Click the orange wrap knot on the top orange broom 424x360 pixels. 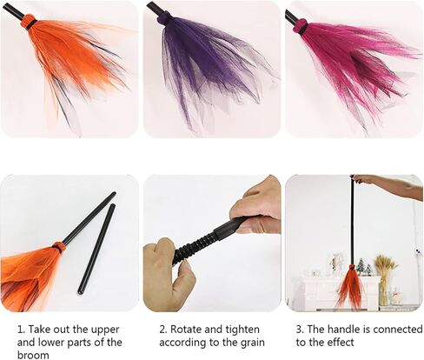coord(29,21)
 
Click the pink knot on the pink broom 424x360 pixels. coord(301,25)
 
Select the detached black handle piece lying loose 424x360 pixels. coord(96,249)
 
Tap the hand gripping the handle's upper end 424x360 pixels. coord(256,209)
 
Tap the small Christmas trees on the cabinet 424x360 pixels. coord(363,267)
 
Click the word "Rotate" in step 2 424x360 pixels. coord(185,330)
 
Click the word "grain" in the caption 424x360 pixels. coord(253,343)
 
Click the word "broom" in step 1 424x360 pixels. coord(33,355)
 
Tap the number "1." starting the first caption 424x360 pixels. coord(22,330)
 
